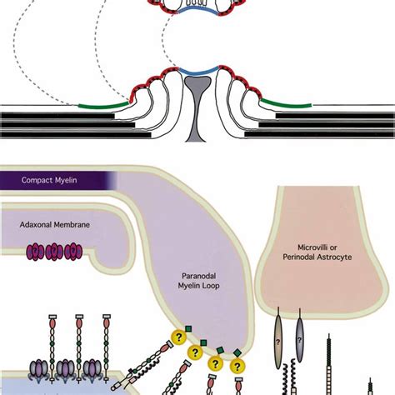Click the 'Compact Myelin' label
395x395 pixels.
(x=49, y=180)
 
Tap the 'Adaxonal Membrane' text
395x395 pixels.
(x=55, y=224)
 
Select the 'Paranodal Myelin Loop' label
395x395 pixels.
(x=198, y=281)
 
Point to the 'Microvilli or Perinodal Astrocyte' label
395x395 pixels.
(x=317, y=252)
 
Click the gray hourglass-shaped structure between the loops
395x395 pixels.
(x=197, y=109)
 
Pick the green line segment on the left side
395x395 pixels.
(x=104, y=105)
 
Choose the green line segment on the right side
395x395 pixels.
(x=286, y=102)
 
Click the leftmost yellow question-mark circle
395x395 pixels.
(x=178, y=337)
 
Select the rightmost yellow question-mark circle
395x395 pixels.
(x=237, y=367)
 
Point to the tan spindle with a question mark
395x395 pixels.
(x=278, y=342)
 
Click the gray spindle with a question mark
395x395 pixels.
(x=299, y=339)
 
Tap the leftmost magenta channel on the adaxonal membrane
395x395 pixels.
(x=35, y=251)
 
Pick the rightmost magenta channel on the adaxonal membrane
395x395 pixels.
(x=73, y=251)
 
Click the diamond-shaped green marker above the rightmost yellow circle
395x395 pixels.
(x=237, y=352)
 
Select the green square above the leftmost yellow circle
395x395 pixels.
(x=188, y=329)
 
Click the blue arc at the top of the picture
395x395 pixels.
(x=197, y=11)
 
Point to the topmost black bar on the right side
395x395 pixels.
(x=335, y=116)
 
